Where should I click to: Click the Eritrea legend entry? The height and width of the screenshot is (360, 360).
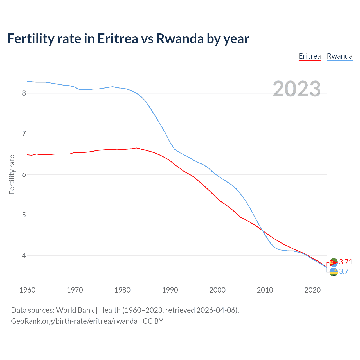click(310, 56)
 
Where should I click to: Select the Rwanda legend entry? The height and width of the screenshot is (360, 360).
click(339, 56)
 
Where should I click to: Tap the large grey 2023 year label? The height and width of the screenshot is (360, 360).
click(296, 89)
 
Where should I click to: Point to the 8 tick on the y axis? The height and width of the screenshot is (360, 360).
click(24, 93)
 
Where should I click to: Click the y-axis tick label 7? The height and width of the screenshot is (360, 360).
click(24, 134)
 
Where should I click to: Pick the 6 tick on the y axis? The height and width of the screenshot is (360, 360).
click(24, 174)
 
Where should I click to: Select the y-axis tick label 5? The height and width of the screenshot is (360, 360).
click(24, 215)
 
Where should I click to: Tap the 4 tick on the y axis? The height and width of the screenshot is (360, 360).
click(24, 256)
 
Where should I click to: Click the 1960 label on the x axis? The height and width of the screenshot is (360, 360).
click(27, 290)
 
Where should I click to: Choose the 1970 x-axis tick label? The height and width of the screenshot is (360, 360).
click(75, 290)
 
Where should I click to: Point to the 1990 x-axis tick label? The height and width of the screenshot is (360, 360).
click(170, 290)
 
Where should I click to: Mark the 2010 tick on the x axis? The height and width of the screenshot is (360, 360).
click(265, 290)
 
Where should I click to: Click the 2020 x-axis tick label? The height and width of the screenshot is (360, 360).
click(312, 290)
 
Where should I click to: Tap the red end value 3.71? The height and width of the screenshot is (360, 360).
click(346, 262)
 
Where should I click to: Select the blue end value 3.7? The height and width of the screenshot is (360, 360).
click(344, 271)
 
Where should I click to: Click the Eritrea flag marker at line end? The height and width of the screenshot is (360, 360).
click(334, 262)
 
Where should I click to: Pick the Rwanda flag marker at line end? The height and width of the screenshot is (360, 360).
click(334, 272)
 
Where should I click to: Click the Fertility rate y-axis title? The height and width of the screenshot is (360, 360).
click(12, 174)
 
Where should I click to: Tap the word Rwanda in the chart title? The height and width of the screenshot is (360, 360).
click(180, 39)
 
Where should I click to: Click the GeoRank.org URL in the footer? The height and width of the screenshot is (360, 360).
click(74, 321)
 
